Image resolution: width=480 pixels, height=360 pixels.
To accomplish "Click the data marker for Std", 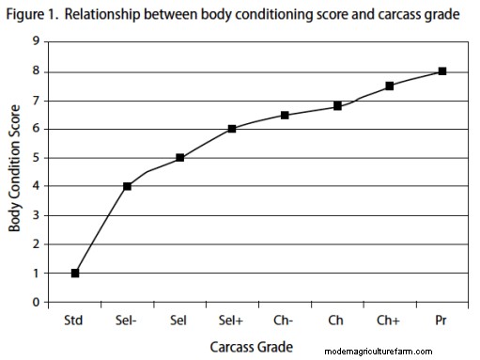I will [x=75, y=274].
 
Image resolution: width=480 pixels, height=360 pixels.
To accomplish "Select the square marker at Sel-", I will [x=127, y=186].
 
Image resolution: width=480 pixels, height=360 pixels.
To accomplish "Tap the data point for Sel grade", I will [x=179, y=158].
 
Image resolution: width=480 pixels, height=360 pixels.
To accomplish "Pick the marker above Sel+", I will [x=232, y=129].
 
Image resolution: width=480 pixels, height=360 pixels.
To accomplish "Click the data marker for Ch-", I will [x=285, y=115].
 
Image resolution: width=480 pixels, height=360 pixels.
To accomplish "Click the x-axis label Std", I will [x=75, y=321].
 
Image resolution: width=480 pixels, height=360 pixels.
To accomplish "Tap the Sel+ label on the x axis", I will [x=232, y=321].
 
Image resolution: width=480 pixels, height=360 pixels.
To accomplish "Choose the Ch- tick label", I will [x=285, y=321].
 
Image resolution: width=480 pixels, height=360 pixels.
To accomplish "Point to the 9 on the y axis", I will [x=37, y=42].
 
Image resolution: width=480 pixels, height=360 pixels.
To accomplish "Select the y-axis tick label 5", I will [x=37, y=158].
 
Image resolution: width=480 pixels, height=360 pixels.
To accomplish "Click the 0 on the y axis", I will [x=37, y=303].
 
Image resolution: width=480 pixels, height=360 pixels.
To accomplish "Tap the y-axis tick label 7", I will [x=37, y=101].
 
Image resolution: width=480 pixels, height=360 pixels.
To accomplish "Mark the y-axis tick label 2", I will [x=37, y=244].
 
